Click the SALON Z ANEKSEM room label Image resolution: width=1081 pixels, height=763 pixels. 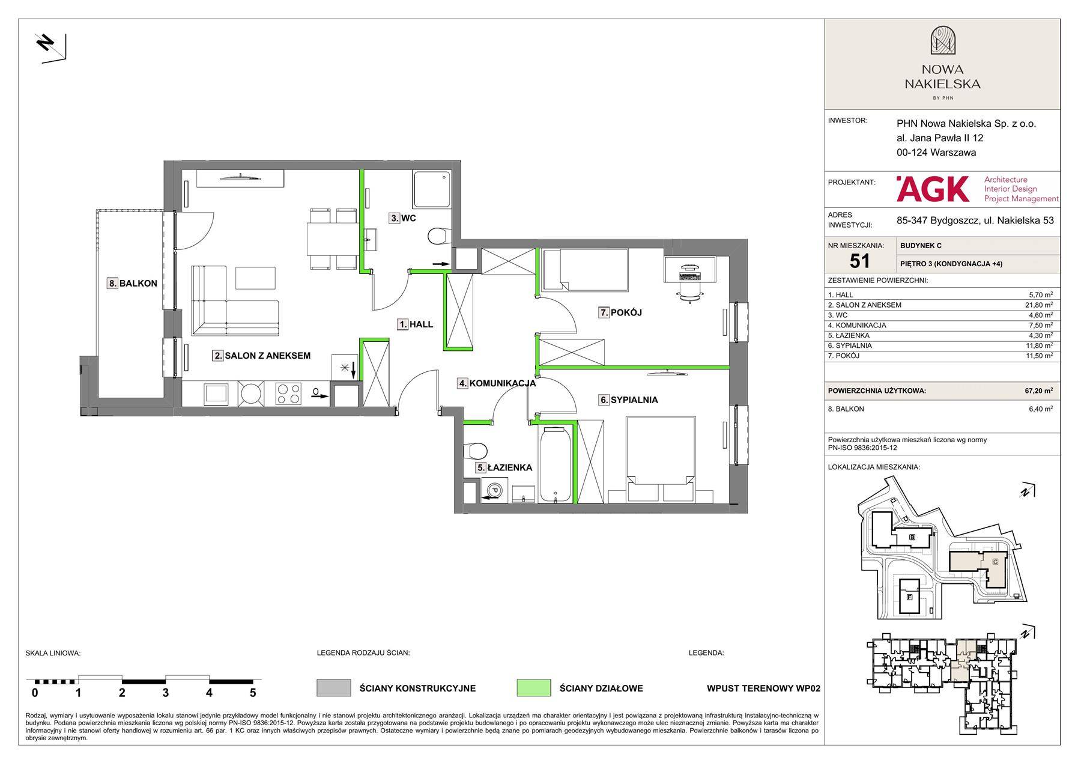[262, 356]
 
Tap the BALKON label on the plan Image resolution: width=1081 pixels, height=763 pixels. [133, 284]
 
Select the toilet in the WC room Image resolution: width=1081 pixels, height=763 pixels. [438, 236]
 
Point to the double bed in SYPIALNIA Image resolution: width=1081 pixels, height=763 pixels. [661, 460]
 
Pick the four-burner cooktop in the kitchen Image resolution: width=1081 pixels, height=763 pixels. [288, 394]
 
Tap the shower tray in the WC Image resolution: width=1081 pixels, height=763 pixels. [431, 190]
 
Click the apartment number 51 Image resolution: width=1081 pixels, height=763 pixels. [860, 260]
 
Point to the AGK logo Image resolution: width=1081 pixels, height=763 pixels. [933, 189]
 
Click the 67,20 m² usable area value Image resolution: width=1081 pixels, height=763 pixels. [1038, 391]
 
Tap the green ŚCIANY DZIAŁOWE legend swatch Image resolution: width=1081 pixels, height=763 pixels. [533, 688]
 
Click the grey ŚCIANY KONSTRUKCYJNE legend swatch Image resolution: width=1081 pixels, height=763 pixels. [333, 688]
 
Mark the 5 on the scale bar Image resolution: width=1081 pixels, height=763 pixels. [253, 693]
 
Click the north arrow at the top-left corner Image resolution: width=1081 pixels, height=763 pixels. [50, 47]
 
